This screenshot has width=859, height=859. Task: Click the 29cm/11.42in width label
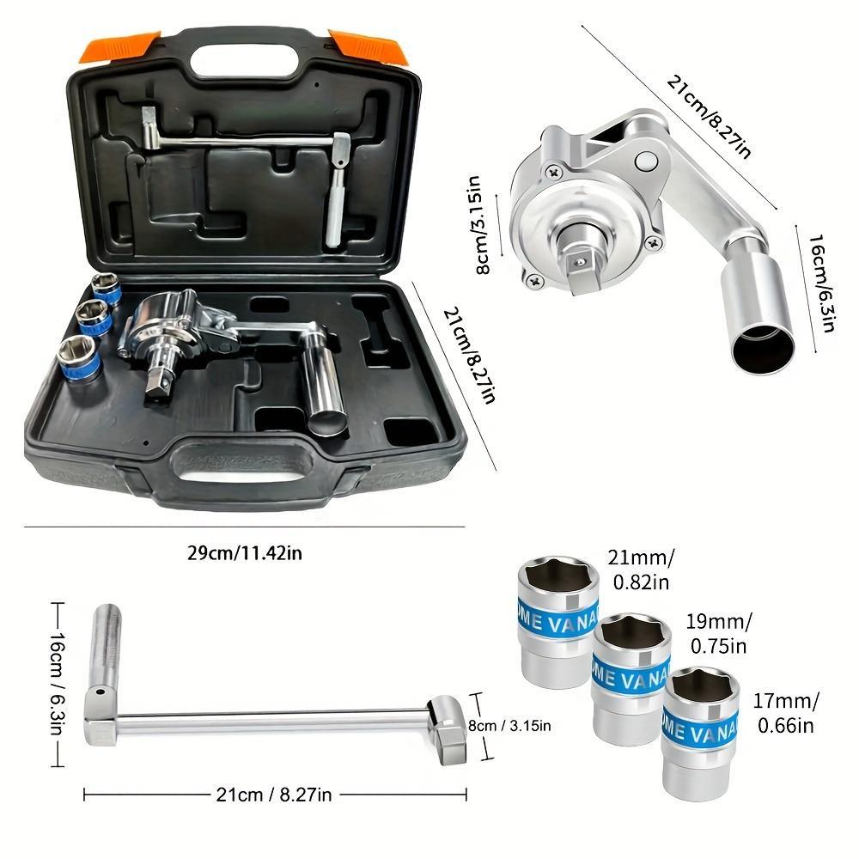[245, 552]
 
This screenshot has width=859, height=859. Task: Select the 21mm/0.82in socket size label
[640, 571]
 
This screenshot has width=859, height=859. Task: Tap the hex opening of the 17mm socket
[703, 687]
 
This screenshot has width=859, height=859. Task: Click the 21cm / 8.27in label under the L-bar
[275, 795]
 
